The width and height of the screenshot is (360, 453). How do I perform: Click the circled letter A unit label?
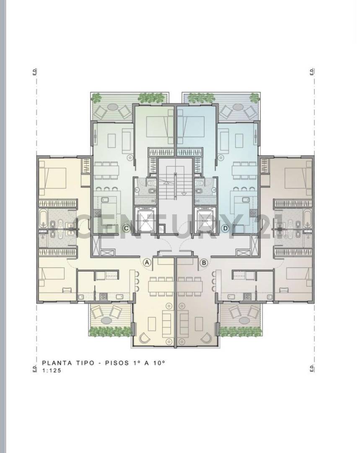pyautogui.click(x=147, y=262)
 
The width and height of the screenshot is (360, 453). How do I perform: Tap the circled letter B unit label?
pyautogui.click(x=204, y=262)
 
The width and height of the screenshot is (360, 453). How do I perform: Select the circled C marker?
pyautogui.click(x=125, y=228)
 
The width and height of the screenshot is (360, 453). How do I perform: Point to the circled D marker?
pyautogui.click(x=225, y=228)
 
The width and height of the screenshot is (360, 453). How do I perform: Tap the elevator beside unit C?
pyautogui.click(x=144, y=219)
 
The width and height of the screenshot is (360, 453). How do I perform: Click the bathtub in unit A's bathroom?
pyautogui.click(x=44, y=219)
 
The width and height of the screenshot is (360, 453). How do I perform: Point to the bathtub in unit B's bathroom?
pyautogui.click(x=307, y=219)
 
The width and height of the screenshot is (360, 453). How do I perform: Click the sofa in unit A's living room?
pyautogui.click(x=166, y=322)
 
